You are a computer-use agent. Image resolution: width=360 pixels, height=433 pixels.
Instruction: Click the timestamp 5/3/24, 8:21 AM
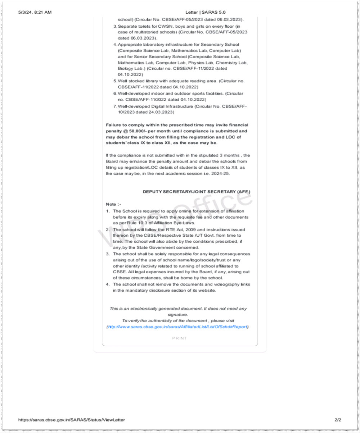point(35,12)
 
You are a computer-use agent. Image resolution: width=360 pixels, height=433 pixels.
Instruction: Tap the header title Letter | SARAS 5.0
point(206,12)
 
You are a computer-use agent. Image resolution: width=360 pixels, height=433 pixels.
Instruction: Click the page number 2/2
point(338,420)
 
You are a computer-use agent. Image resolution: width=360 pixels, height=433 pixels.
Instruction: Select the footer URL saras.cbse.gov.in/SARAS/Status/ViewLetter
point(72,420)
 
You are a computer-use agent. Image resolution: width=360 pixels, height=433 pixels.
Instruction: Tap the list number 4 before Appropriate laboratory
point(115,45)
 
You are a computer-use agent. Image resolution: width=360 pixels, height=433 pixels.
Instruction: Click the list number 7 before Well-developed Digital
point(115,106)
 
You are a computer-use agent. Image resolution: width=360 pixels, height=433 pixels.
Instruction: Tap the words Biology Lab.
point(130,68)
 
